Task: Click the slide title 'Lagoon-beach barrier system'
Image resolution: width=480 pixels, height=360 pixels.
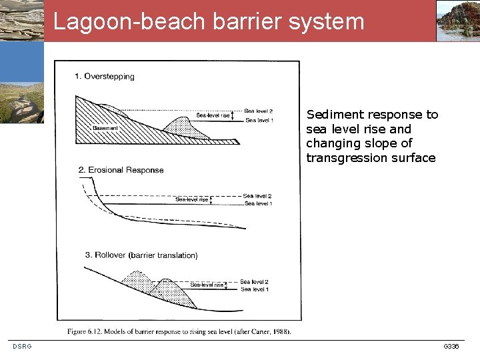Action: (x=209, y=21)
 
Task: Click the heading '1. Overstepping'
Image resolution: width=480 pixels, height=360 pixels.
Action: (x=105, y=77)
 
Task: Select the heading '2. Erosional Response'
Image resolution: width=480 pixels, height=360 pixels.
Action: (x=121, y=170)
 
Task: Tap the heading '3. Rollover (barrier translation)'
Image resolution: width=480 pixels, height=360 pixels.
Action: (x=141, y=255)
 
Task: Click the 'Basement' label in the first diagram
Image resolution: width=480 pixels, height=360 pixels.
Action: (x=105, y=128)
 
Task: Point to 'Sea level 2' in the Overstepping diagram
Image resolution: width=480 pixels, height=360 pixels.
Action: (x=258, y=111)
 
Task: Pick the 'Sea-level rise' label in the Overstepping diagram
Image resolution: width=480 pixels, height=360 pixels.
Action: (x=213, y=115)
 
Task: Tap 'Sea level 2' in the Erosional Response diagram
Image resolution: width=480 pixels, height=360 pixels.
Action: (x=257, y=196)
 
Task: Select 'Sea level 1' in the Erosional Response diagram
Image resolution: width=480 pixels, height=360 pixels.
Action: (x=257, y=203)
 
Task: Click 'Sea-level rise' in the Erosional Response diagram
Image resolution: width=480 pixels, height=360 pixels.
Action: (x=191, y=199)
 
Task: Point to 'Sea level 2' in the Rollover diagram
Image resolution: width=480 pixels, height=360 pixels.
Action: (x=254, y=282)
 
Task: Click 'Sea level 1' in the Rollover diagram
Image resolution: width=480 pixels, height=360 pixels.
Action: (x=254, y=289)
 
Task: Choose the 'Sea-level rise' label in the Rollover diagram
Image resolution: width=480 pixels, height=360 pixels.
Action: (x=207, y=285)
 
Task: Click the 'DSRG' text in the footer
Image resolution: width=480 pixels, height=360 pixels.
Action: (x=21, y=346)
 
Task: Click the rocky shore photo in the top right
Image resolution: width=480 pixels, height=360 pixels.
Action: (x=458, y=21)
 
